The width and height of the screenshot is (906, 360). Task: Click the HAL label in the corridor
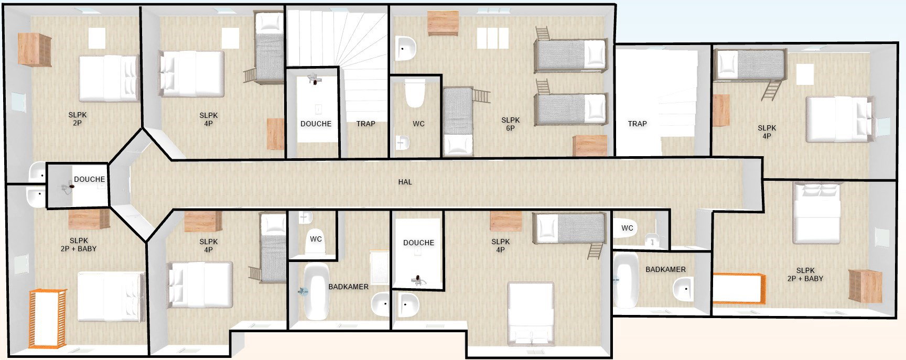click(405, 182)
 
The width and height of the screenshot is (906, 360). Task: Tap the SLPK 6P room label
click(510, 124)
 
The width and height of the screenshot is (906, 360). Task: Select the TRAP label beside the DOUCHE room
click(365, 124)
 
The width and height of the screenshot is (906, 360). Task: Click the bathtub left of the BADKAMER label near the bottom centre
click(316, 291)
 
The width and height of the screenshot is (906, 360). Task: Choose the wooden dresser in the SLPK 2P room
click(35, 49)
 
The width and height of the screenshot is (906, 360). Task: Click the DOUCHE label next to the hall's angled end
click(89, 179)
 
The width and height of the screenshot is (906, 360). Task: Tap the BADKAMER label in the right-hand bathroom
click(665, 269)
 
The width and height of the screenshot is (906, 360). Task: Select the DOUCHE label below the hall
click(418, 243)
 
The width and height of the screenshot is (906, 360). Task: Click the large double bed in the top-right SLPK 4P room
click(839, 119)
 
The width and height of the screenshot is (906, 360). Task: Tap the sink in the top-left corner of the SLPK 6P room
click(405, 48)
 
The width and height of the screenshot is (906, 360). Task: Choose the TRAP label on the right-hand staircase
click(637, 124)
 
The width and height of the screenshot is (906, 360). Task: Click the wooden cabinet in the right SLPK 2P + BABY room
click(866, 286)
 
